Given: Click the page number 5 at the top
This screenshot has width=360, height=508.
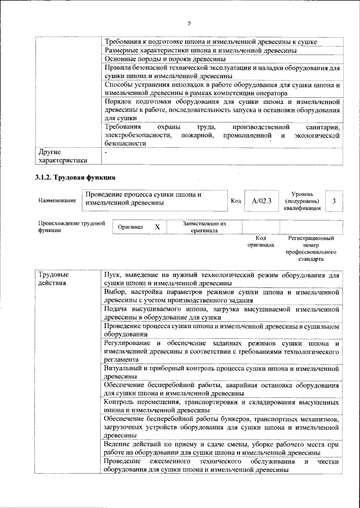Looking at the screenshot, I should (x=190, y=23).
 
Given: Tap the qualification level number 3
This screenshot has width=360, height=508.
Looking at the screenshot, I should (x=334, y=201).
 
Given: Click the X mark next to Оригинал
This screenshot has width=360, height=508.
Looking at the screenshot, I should (x=157, y=226).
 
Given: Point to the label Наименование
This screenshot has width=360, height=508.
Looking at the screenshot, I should (x=57, y=200).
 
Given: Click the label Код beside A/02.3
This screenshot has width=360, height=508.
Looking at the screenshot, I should (x=236, y=201).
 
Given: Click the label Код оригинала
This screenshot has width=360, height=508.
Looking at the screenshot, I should (x=261, y=242).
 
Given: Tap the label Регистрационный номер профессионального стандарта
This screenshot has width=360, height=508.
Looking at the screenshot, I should (x=311, y=250).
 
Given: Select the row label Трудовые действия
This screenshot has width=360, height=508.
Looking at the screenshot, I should (x=53, y=279).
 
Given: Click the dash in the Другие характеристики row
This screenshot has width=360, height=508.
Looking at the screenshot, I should (x=106, y=152).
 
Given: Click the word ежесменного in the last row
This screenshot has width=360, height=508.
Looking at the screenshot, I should (x=174, y=461).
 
